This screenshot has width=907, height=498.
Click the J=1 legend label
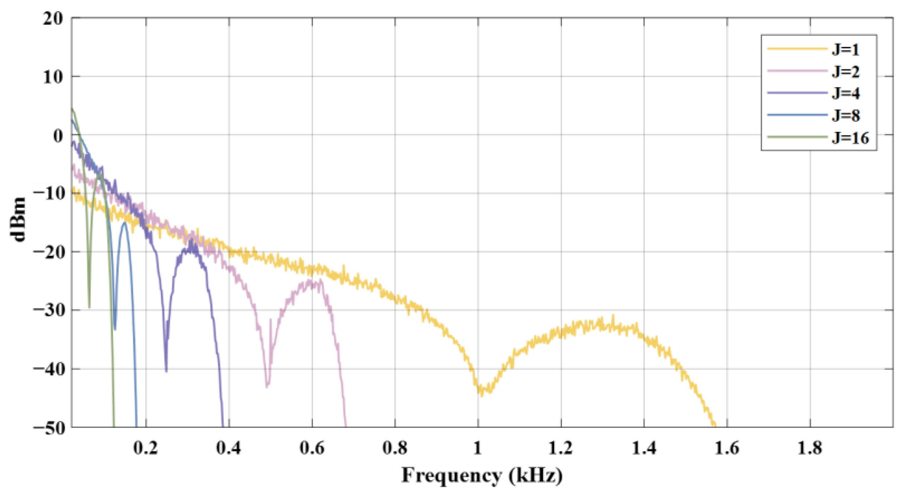(x=845, y=50)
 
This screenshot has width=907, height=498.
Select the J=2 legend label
(x=845, y=71)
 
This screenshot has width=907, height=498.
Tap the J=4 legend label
(x=845, y=93)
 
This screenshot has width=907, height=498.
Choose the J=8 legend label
(x=845, y=115)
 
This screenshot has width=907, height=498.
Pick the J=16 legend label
(x=850, y=138)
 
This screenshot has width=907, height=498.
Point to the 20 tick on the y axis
(x=53, y=18)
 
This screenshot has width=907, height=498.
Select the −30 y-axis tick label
(x=49, y=310)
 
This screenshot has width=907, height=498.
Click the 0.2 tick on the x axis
(x=146, y=448)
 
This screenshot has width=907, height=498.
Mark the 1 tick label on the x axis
(x=478, y=448)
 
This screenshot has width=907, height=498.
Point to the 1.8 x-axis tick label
(x=810, y=448)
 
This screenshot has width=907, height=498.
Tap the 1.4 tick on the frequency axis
(x=644, y=448)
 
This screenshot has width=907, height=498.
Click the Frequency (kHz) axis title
(x=482, y=476)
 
